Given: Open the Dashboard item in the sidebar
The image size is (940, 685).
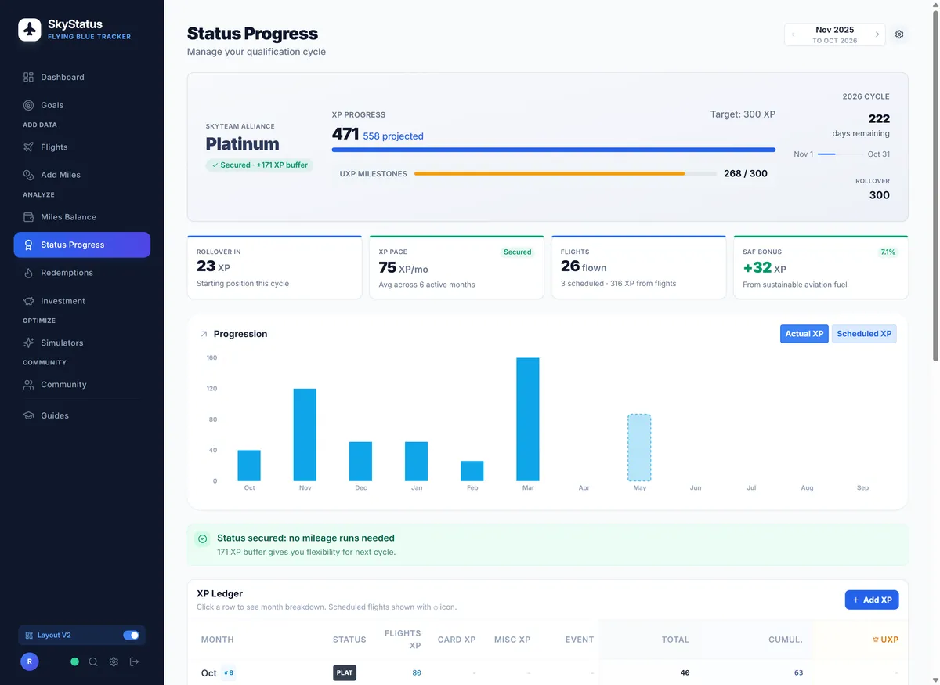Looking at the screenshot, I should pos(62,77).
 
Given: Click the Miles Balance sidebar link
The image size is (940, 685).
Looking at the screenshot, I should pos(68,217).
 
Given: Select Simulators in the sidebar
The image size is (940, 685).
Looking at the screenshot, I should pos(62,342).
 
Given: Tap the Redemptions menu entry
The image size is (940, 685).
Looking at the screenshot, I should pos(67,273).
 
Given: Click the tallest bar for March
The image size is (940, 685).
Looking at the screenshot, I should pos(528,419).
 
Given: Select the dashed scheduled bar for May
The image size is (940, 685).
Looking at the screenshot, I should pos(639,448).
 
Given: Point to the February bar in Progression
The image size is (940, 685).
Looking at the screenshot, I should pos(472,470).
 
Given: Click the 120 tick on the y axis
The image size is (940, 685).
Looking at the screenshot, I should pos(211,388).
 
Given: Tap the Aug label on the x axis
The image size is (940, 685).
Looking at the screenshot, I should pos(807,487).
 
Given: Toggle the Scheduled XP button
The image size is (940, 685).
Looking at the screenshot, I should pos(864,334).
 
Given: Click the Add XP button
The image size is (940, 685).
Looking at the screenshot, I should pos(871,600).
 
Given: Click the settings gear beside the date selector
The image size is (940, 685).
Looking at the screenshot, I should pos(899,34).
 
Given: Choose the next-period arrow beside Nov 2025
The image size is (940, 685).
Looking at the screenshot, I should pos(877,34).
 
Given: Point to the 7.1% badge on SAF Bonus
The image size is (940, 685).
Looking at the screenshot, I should pos(888,252).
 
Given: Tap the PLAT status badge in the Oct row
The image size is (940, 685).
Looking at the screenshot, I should pos(344,672).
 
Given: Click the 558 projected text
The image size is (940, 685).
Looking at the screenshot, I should pos(393,136).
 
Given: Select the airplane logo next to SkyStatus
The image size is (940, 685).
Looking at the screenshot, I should pos(30,30).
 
